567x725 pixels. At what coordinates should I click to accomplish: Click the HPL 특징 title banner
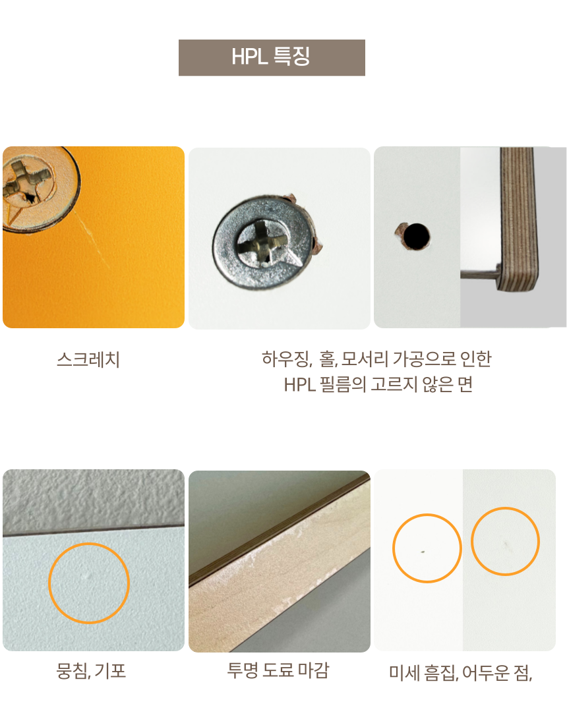(272, 57)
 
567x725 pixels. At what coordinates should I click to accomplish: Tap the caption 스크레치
(88, 359)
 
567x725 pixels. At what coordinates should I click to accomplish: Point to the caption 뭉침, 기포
(91, 670)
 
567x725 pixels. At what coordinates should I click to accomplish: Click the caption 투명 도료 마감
(278, 670)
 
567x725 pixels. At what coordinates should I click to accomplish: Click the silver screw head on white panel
(264, 241)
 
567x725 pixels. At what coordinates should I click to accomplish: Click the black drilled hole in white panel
(416, 236)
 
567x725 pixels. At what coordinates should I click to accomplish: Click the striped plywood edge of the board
(518, 219)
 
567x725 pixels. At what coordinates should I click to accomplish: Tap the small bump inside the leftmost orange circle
(88, 575)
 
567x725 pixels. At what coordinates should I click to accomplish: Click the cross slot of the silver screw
(262, 243)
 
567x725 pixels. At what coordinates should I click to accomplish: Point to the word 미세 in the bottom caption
(404, 673)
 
